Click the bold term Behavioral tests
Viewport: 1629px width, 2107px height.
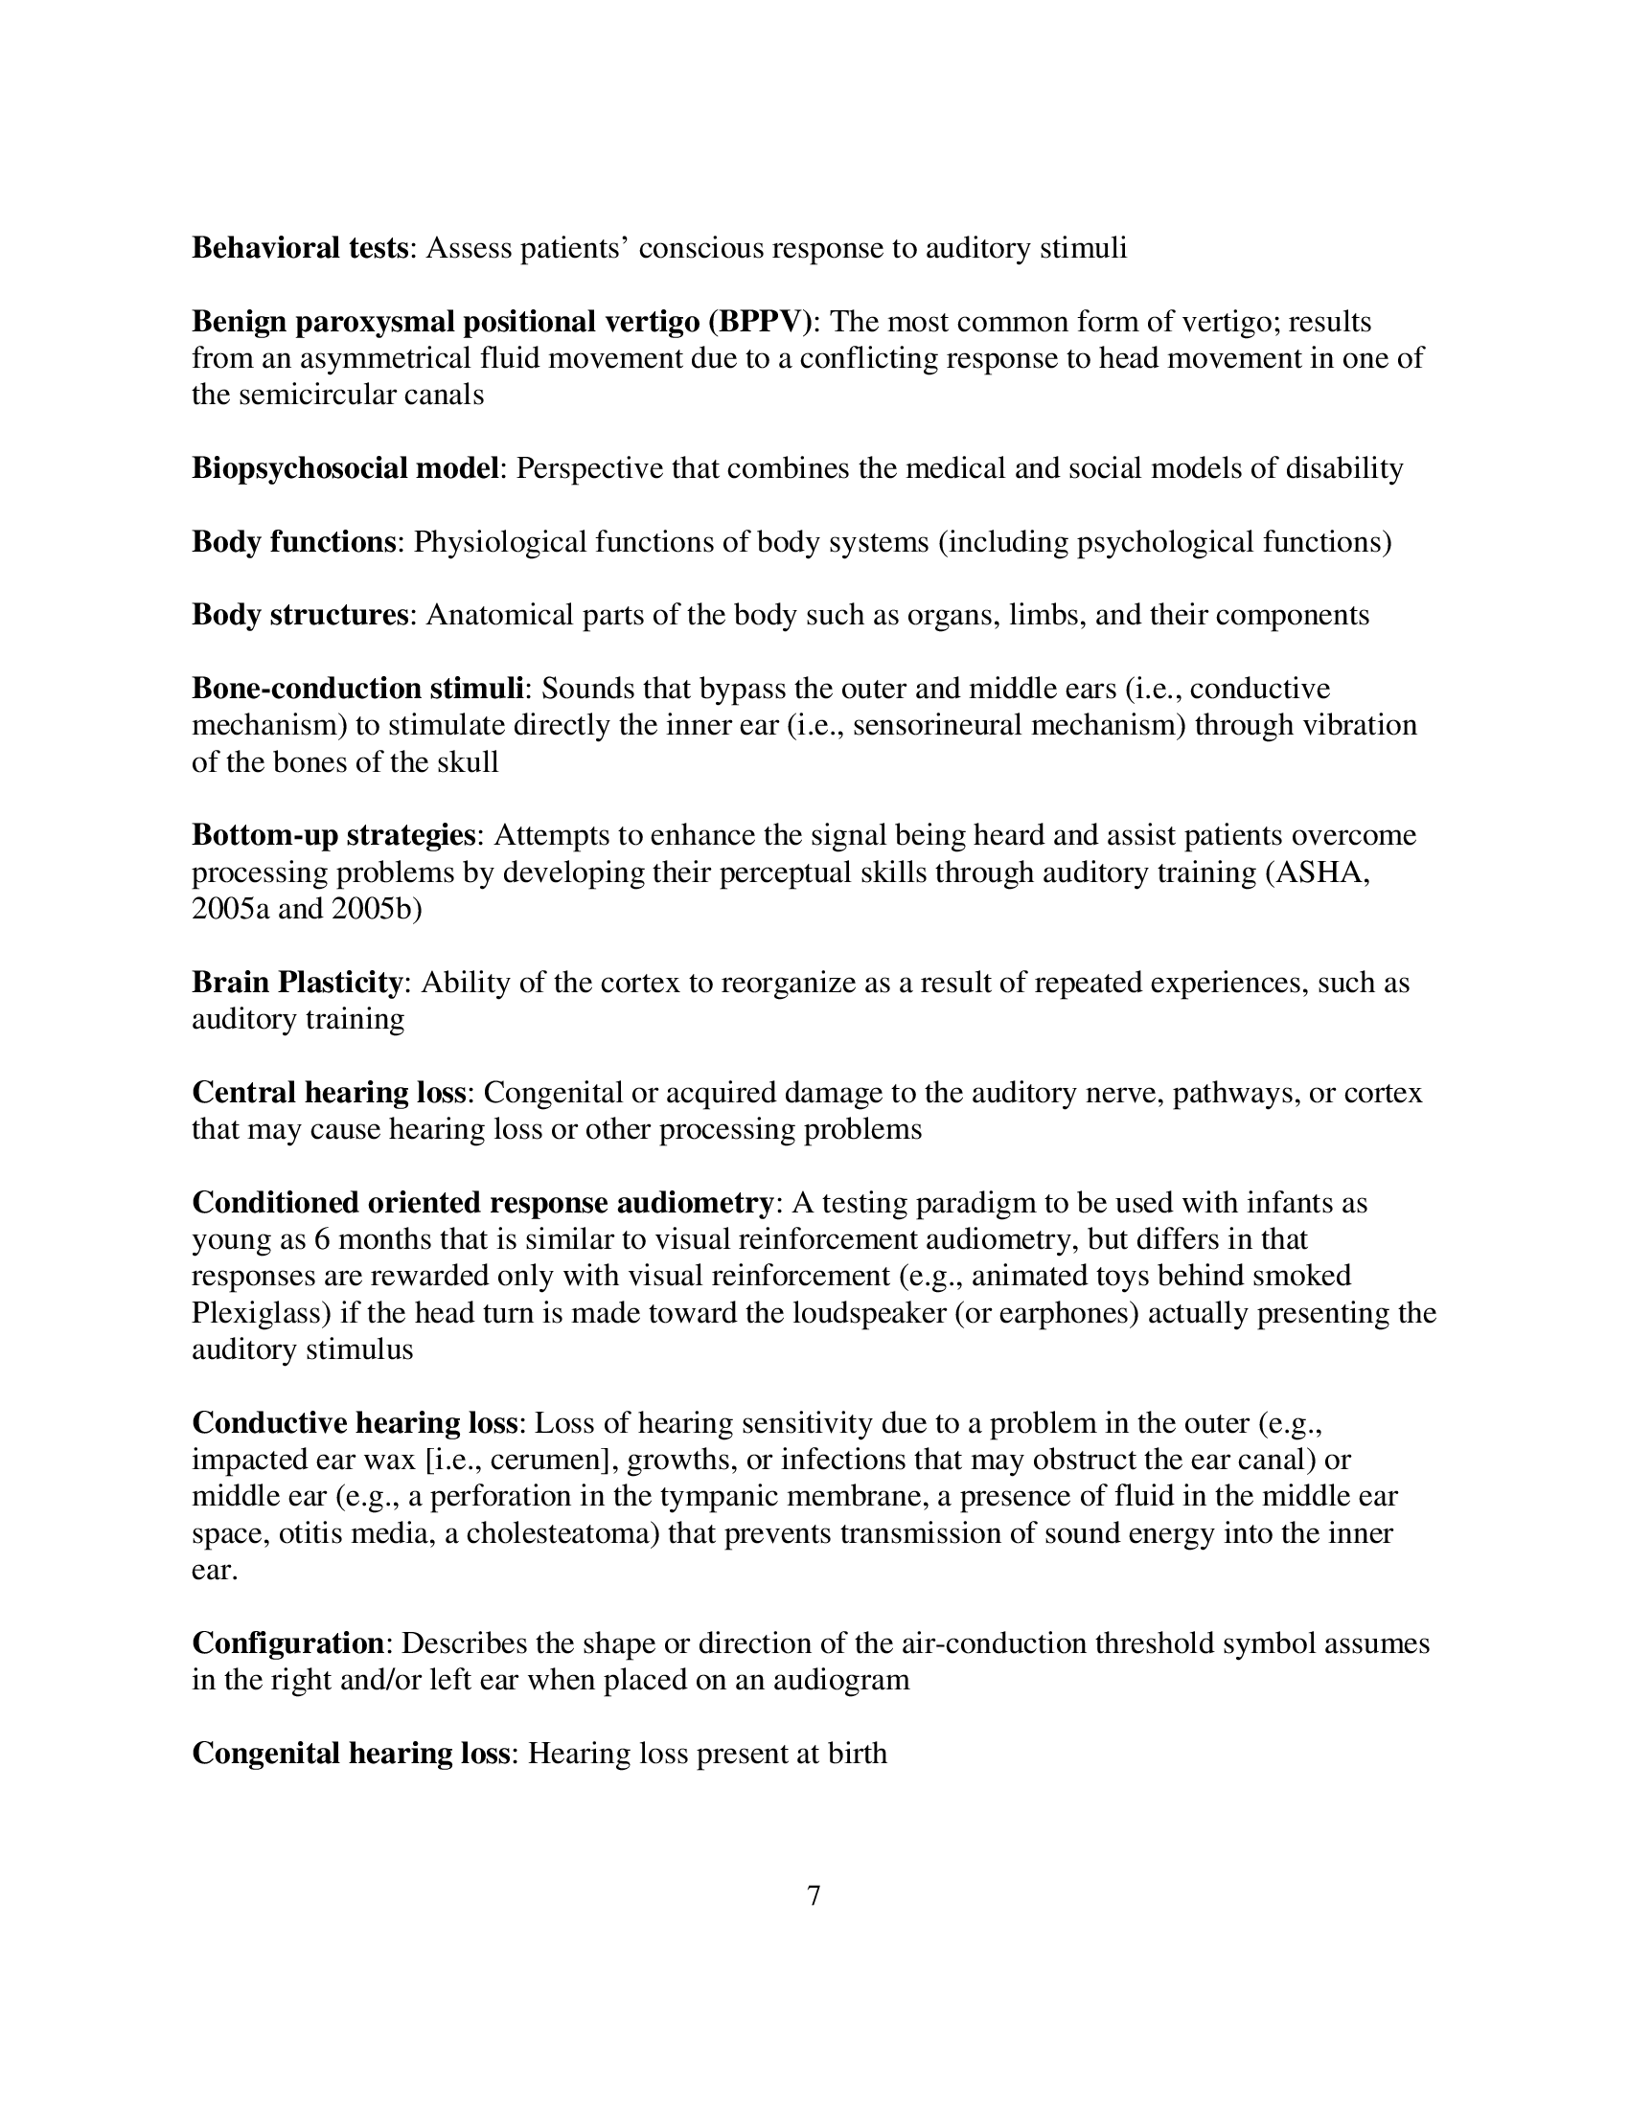[x=300, y=248]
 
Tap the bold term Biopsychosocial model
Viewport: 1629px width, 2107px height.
[x=346, y=468]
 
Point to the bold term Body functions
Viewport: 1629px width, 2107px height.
[x=293, y=541]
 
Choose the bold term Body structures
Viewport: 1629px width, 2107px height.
[x=300, y=615]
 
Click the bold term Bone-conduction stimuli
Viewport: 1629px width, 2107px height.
[x=358, y=688]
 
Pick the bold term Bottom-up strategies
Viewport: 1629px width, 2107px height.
[x=333, y=834]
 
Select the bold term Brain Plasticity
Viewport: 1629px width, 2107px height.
[x=297, y=982]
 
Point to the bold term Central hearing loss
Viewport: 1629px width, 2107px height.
[x=329, y=1092]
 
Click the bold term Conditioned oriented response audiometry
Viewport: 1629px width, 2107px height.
[x=483, y=1202]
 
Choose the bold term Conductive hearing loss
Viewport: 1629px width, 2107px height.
[x=356, y=1423]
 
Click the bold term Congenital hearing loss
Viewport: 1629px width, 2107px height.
[x=351, y=1753]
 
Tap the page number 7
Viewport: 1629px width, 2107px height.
[x=814, y=1895]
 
